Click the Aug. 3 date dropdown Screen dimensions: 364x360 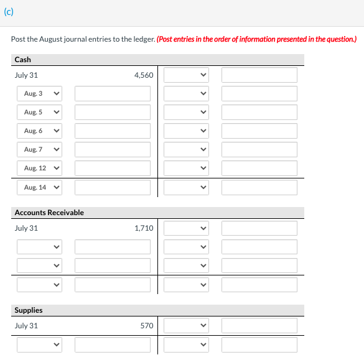pos(39,94)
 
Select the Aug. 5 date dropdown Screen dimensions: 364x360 pos(39,113)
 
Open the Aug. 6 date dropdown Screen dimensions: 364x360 pos(39,131)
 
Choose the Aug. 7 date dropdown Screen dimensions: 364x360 pos(39,150)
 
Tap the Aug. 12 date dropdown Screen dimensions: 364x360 pos(39,168)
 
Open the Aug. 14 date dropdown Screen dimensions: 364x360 pos(39,187)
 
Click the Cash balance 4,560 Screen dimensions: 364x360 pos(144,75)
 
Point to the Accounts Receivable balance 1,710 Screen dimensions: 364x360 pos(144,228)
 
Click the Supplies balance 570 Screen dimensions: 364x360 pos(147,326)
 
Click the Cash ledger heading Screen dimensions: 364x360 pos(23,60)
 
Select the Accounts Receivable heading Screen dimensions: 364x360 pos(49,213)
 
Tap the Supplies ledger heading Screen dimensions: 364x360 pos(29,310)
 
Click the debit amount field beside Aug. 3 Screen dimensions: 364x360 pos(113,94)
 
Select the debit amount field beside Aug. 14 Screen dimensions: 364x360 pos(113,187)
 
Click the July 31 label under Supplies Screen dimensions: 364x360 pos(26,326)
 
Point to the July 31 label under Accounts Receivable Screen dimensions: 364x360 pos(26,228)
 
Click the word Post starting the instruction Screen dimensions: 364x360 pos(18,39)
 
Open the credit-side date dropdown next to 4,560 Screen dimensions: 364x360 pos(186,75)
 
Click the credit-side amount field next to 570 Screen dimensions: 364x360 pos(259,326)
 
